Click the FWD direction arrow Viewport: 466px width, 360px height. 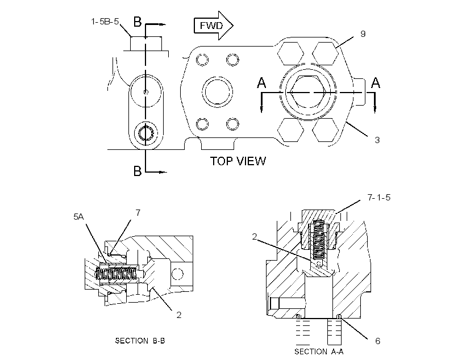pyautogui.click(x=213, y=26)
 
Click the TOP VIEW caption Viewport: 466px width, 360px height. pyautogui.click(x=238, y=161)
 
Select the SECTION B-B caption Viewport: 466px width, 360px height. pyautogui.click(x=140, y=340)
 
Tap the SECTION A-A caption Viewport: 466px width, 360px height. pyautogui.click(x=319, y=351)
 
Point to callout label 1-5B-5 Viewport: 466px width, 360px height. pyautogui.click(x=105, y=22)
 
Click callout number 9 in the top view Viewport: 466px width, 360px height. pyautogui.click(x=363, y=34)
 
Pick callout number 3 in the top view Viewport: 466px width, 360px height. pyautogui.click(x=377, y=140)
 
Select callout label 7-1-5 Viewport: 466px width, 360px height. pyautogui.click(x=379, y=197)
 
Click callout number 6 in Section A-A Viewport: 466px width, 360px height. pyautogui.click(x=378, y=341)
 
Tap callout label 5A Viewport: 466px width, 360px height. pyautogui.click(x=79, y=217)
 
